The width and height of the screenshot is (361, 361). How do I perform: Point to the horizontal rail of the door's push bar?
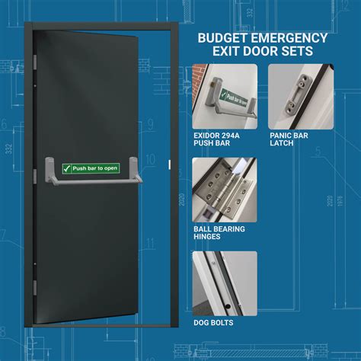click(x=91, y=182)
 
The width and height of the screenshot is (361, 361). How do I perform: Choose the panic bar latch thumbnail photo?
click(x=301, y=96)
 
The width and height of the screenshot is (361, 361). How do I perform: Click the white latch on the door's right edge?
click(x=167, y=164)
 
